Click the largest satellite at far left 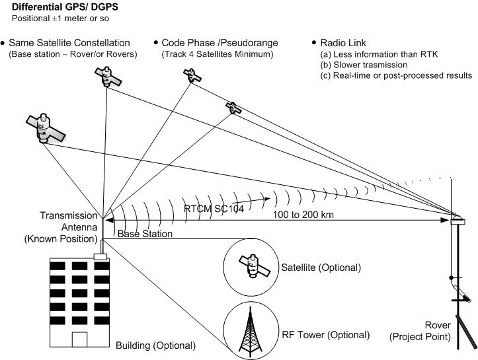tap(44, 127)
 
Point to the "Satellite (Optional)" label tap(321, 268)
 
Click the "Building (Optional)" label tap(156, 345)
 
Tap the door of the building tap(79, 341)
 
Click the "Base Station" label tap(145, 234)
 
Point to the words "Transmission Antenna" tap(69, 221)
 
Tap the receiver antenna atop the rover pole tap(457, 219)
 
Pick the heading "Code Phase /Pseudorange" tap(218, 43)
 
